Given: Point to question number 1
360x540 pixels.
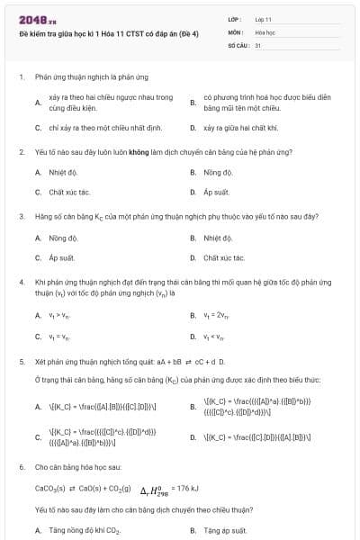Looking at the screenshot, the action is tap(21, 77).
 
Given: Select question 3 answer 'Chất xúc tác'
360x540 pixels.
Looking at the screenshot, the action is tap(224, 258).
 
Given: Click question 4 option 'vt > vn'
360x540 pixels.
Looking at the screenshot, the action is tap(58, 316).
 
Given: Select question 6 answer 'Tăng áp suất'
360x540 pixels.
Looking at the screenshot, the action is tap(225, 531).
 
